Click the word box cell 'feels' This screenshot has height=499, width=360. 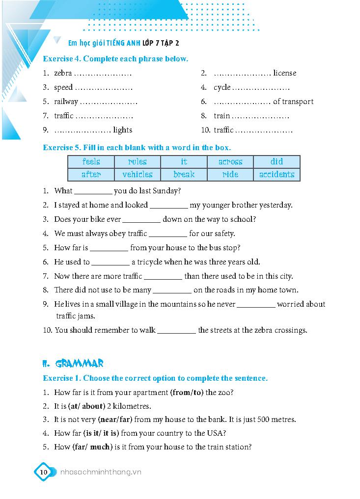click(91, 161)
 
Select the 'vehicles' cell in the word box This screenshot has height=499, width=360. click(138, 174)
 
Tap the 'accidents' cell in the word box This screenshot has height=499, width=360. click(277, 174)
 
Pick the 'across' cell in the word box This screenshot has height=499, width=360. click(230, 161)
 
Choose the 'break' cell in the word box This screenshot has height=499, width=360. click(184, 174)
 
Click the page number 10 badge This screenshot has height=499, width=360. click(43, 472)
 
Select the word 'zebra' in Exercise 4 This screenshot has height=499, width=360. click(63, 73)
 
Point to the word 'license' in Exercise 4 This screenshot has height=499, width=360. click(285, 73)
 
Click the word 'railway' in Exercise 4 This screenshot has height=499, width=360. click(66, 102)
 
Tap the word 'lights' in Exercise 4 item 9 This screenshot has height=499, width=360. click(122, 130)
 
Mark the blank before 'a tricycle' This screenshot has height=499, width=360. click(111, 263)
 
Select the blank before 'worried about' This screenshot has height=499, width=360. click(256, 305)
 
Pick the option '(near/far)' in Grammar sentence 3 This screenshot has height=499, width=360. click(115, 420)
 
